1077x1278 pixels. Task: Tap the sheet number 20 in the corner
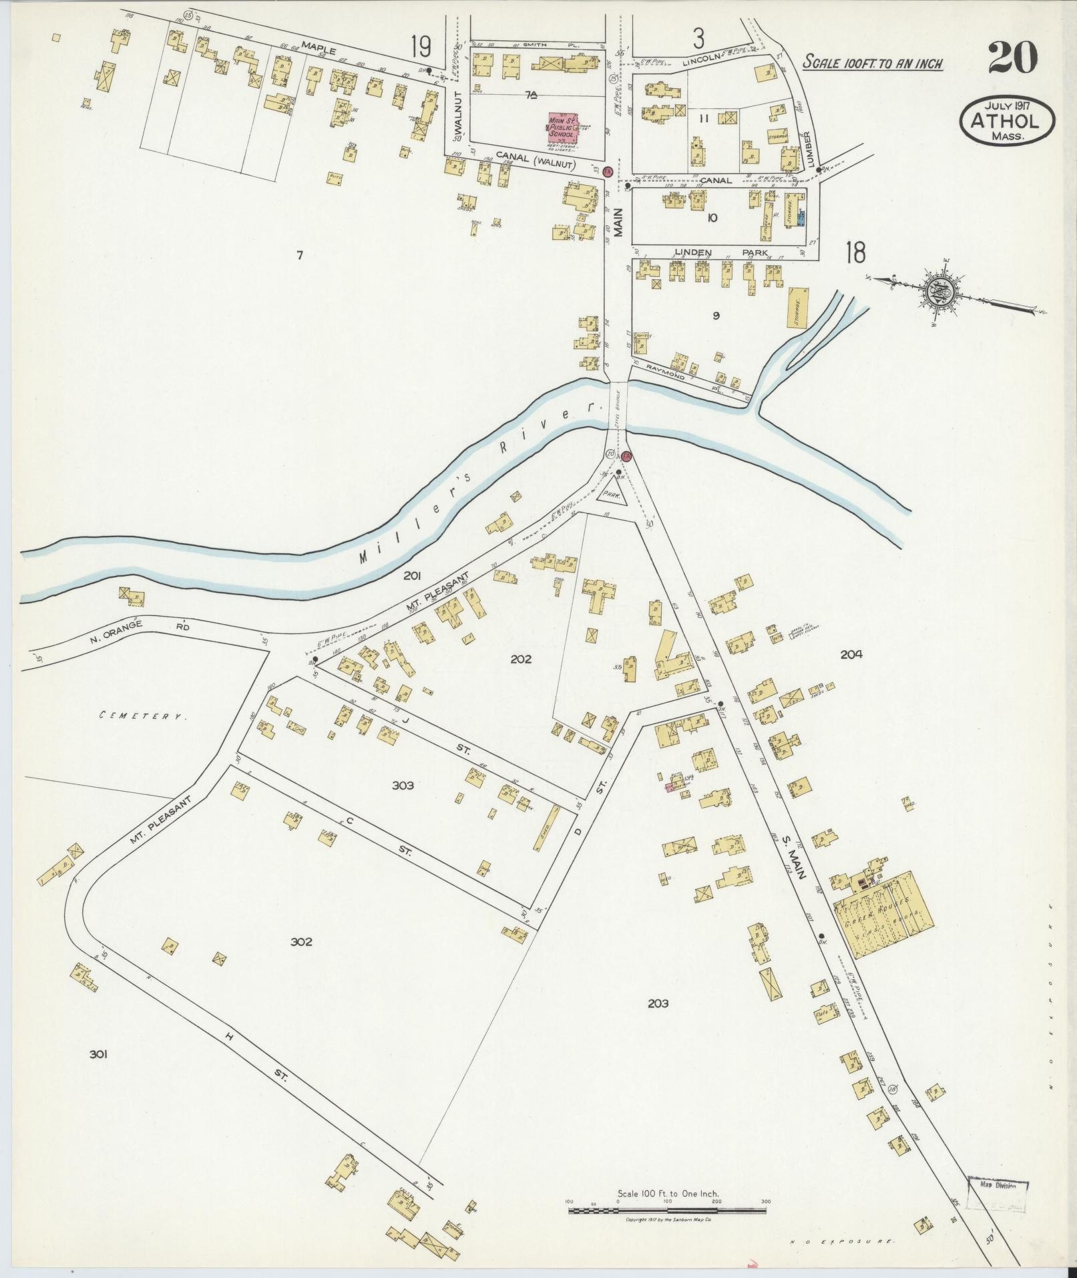[x=1012, y=57]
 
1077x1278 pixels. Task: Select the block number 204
[x=851, y=655]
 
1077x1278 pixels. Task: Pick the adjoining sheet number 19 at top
[x=421, y=48]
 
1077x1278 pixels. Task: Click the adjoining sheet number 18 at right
[x=855, y=253]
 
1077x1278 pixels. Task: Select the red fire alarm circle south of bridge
[x=626, y=456]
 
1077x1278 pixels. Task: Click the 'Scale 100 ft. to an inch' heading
[x=872, y=63]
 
